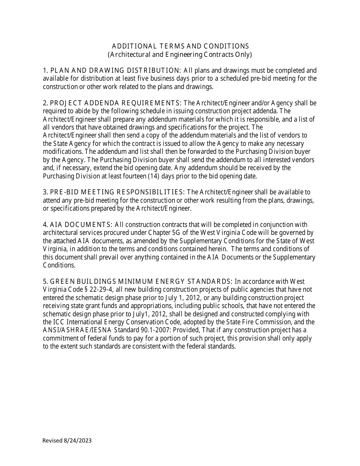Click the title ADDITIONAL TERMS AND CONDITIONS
click(x=180, y=46)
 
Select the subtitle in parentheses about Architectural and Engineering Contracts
click(x=180, y=55)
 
